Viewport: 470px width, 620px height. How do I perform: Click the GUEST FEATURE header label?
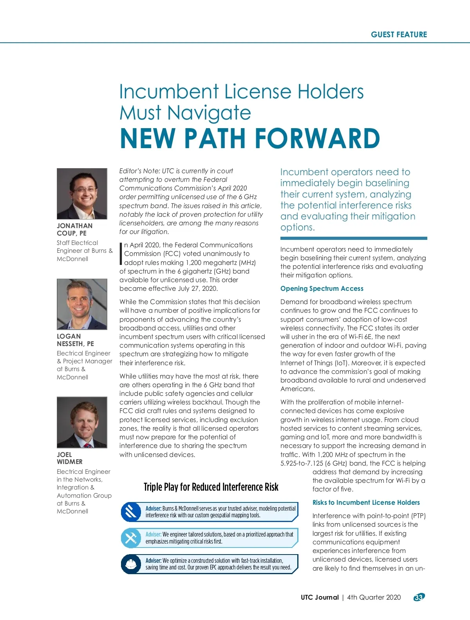click(x=399, y=34)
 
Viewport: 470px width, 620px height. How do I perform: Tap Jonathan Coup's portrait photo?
click(x=82, y=194)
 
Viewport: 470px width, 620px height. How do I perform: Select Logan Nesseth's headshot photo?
click(x=82, y=304)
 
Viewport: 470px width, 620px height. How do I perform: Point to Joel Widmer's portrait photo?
click(x=82, y=422)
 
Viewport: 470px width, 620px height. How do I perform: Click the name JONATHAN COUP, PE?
click(x=75, y=229)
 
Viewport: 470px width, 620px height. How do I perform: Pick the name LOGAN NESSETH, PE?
click(x=75, y=340)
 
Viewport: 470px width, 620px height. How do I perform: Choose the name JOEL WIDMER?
click(x=69, y=458)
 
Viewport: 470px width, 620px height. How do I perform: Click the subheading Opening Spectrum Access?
click(x=322, y=288)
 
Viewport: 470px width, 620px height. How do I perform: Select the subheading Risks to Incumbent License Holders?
click(x=366, y=502)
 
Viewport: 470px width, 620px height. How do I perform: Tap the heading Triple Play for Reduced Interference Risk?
click(x=211, y=487)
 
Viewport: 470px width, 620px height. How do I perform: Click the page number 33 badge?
click(x=419, y=597)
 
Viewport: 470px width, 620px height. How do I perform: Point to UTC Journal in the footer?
click(x=320, y=597)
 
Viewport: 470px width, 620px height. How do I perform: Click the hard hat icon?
click(x=131, y=564)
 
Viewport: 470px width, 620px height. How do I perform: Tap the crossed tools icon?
click(x=131, y=538)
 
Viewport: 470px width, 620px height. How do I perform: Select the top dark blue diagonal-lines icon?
click(x=131, y=511)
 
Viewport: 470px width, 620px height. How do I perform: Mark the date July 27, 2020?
click(x=198, y=288)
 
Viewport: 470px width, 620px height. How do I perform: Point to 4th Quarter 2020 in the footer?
click(x=374, y=597)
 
